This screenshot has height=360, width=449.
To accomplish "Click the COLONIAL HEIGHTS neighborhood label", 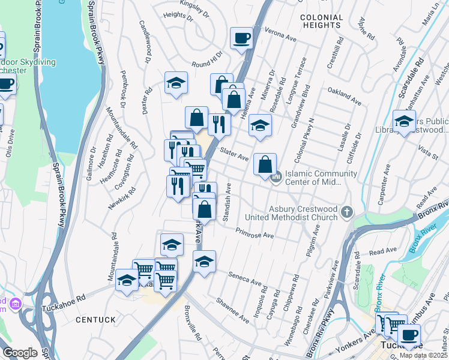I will pyautogui.click(x=330, y=22).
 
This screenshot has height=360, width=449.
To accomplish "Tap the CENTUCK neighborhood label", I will pyautogui.click(x=95, y=320).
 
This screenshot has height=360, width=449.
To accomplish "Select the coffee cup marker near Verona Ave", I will pyautogui.click(x=241, y=38).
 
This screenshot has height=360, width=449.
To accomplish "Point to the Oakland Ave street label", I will pyautogui.click(x=345, y=95).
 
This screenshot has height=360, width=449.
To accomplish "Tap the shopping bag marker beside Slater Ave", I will pyautogui.click(x=265, y=164).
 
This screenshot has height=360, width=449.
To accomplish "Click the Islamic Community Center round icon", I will pyautogui.click(x=276, y=177).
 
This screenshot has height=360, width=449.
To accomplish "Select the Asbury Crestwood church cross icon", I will pyautogui.click(x=346, y=212).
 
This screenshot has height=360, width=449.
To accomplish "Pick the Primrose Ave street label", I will pyautogui.click(x=255, y=233).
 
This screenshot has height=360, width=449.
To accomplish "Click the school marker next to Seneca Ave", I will pyautogui.click(x=204, y=262).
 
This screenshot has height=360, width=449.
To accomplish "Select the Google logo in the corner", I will pyautogui.click(x=20, y=353).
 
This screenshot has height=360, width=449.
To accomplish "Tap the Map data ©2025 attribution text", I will pyautogui.click(x=423, y=355).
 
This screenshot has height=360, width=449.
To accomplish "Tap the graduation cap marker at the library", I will pyautogui.click(x=404, y=122).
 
